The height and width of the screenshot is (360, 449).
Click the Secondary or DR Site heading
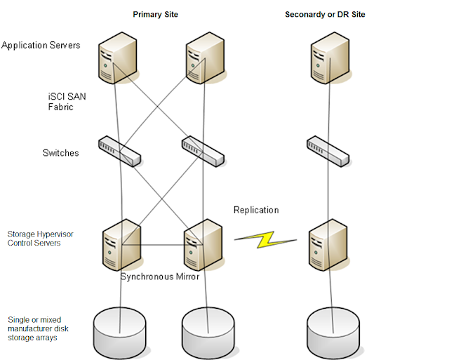tap(325, 15)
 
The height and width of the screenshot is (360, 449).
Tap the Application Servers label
tap(41, 46)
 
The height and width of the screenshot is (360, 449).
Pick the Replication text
tap(256, 210)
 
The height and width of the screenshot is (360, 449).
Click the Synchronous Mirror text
tap(160, 276)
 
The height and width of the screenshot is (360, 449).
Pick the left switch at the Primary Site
tap(120, 152)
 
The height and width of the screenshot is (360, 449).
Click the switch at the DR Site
tap(328, 151)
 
